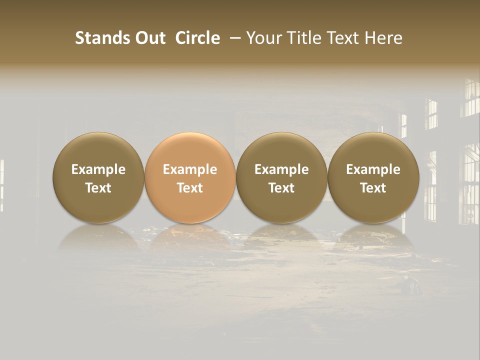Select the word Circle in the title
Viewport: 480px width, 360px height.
(197, 38)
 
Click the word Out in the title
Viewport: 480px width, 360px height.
(150, 38)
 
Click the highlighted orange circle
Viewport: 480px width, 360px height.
(190, 178)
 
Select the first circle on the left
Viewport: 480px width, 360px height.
(98, 178)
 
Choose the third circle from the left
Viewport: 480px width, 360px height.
(281, 178)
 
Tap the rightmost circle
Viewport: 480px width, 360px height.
(373, 178)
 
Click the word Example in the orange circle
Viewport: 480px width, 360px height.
(190, 169)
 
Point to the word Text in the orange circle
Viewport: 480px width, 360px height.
(190, 188)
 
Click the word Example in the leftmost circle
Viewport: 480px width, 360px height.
(98, 169)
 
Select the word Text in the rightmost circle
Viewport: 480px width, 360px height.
(373, 188)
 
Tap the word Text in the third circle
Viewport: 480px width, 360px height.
(281, 188)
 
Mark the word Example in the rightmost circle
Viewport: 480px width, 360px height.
(373, 169)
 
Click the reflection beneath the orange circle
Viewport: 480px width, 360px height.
(190, 238)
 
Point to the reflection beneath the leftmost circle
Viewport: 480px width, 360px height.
(98, 238)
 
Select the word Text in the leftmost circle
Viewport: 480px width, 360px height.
(98, 188)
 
